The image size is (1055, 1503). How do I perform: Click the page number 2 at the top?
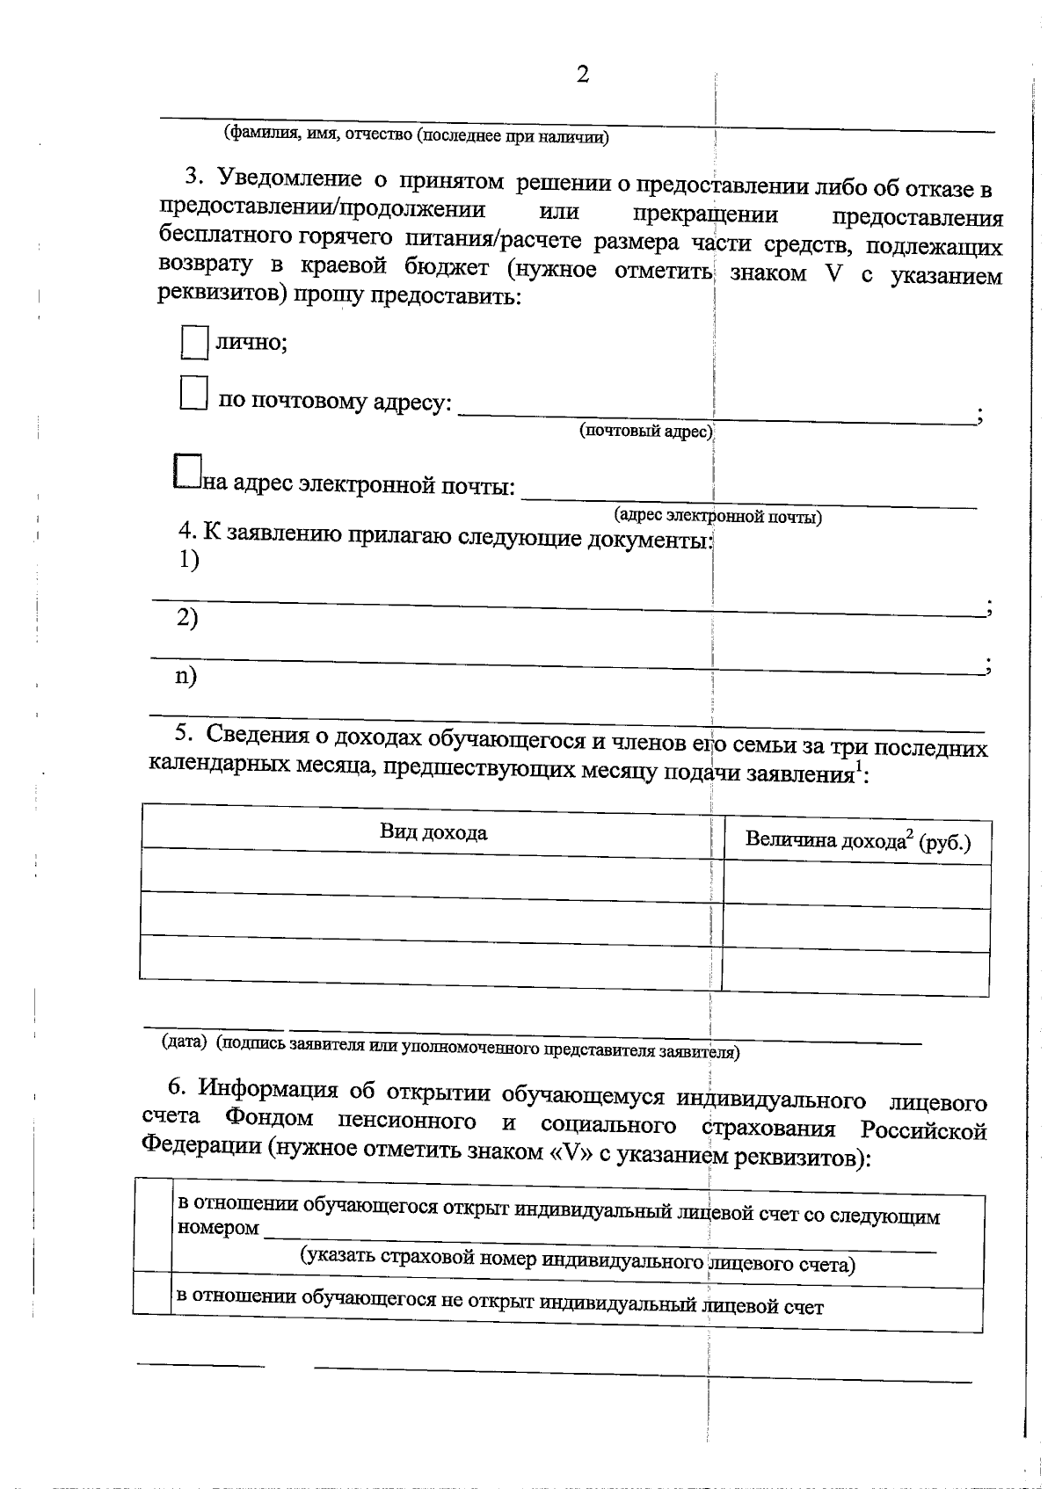click(x=582, y=76)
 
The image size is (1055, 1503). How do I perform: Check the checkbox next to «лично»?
click(x=194, y=342)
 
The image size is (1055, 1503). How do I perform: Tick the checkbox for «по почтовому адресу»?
click(x=193, y=392)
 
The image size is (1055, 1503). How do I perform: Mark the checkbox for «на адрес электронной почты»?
click(x=187, y=471)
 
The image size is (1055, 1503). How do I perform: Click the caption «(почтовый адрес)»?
click(x=645, y=431)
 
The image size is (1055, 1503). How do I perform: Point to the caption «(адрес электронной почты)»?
click(x=717, y=516)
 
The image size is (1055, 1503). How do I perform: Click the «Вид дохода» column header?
click(x=433, y=831)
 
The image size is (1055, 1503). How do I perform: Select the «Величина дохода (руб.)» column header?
click(x=857, y=841)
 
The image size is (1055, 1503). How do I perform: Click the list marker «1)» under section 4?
click(x=189, y=560)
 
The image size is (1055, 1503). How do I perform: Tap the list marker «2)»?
click(x=187, y=618)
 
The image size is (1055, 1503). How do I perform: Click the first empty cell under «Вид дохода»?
click(x=431, y=871)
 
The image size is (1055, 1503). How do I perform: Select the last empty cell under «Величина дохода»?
click(x=855, y=974)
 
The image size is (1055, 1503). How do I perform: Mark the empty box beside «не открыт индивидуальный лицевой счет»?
click(x=152, y=1293)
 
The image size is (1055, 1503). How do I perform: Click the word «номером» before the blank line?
click(x=218, y=1227)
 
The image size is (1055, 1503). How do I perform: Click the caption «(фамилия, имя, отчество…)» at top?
click(x=416, y=135)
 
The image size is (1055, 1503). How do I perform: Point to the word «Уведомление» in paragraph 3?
click(x=289, y=180)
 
